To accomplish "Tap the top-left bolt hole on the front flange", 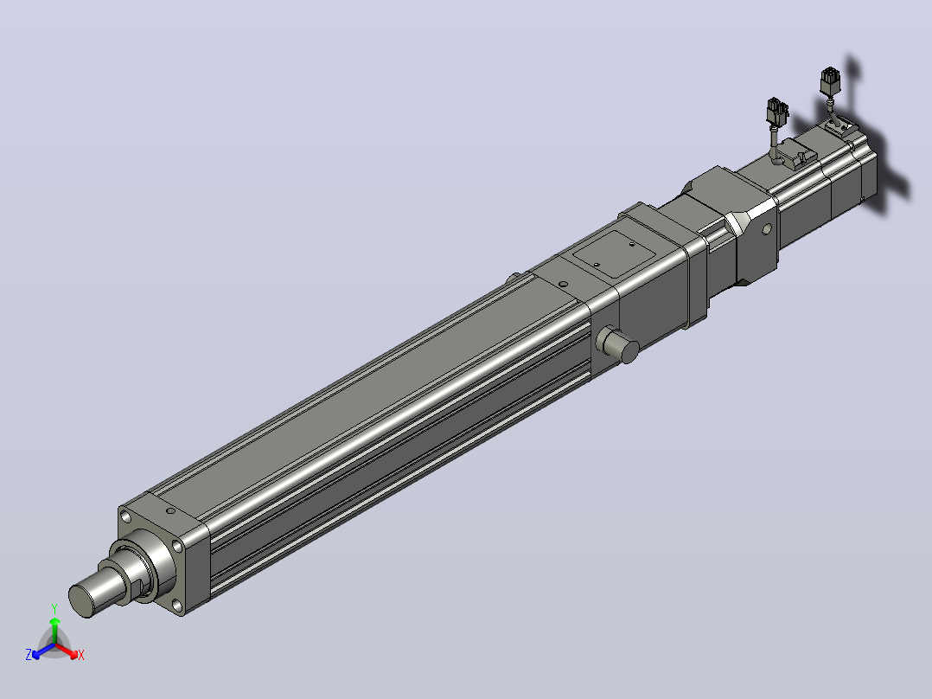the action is [124, 516].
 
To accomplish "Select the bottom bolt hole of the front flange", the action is [176, 606].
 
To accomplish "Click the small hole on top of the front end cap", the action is [170, 510].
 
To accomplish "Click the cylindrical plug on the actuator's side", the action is [617, 343].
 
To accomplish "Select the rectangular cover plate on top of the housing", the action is [614, 253].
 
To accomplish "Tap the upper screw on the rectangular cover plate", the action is [631, 243].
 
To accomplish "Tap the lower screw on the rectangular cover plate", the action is [597, 265].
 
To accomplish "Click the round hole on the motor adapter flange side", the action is [767, 228].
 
